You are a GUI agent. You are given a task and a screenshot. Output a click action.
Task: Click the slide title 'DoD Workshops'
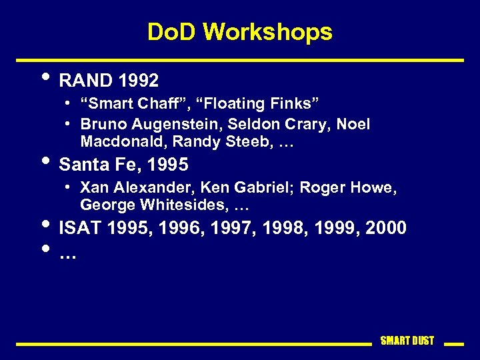coord(239,31)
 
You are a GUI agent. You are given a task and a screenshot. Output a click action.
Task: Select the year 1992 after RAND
coord(139,81)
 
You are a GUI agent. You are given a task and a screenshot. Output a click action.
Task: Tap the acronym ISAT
coord(79,228)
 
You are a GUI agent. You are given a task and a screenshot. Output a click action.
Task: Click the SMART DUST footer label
coord(407,341)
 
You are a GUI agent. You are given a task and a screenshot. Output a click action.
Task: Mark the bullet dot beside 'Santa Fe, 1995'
coord(45,161)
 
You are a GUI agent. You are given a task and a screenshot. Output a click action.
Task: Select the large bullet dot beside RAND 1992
coord(45,78)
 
